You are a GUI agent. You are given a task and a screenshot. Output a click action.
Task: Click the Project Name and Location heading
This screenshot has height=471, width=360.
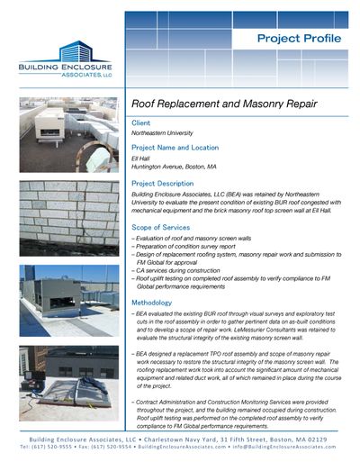click(x=182, y=147)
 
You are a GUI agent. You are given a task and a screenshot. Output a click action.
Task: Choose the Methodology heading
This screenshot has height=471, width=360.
click(x=157, y=303)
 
